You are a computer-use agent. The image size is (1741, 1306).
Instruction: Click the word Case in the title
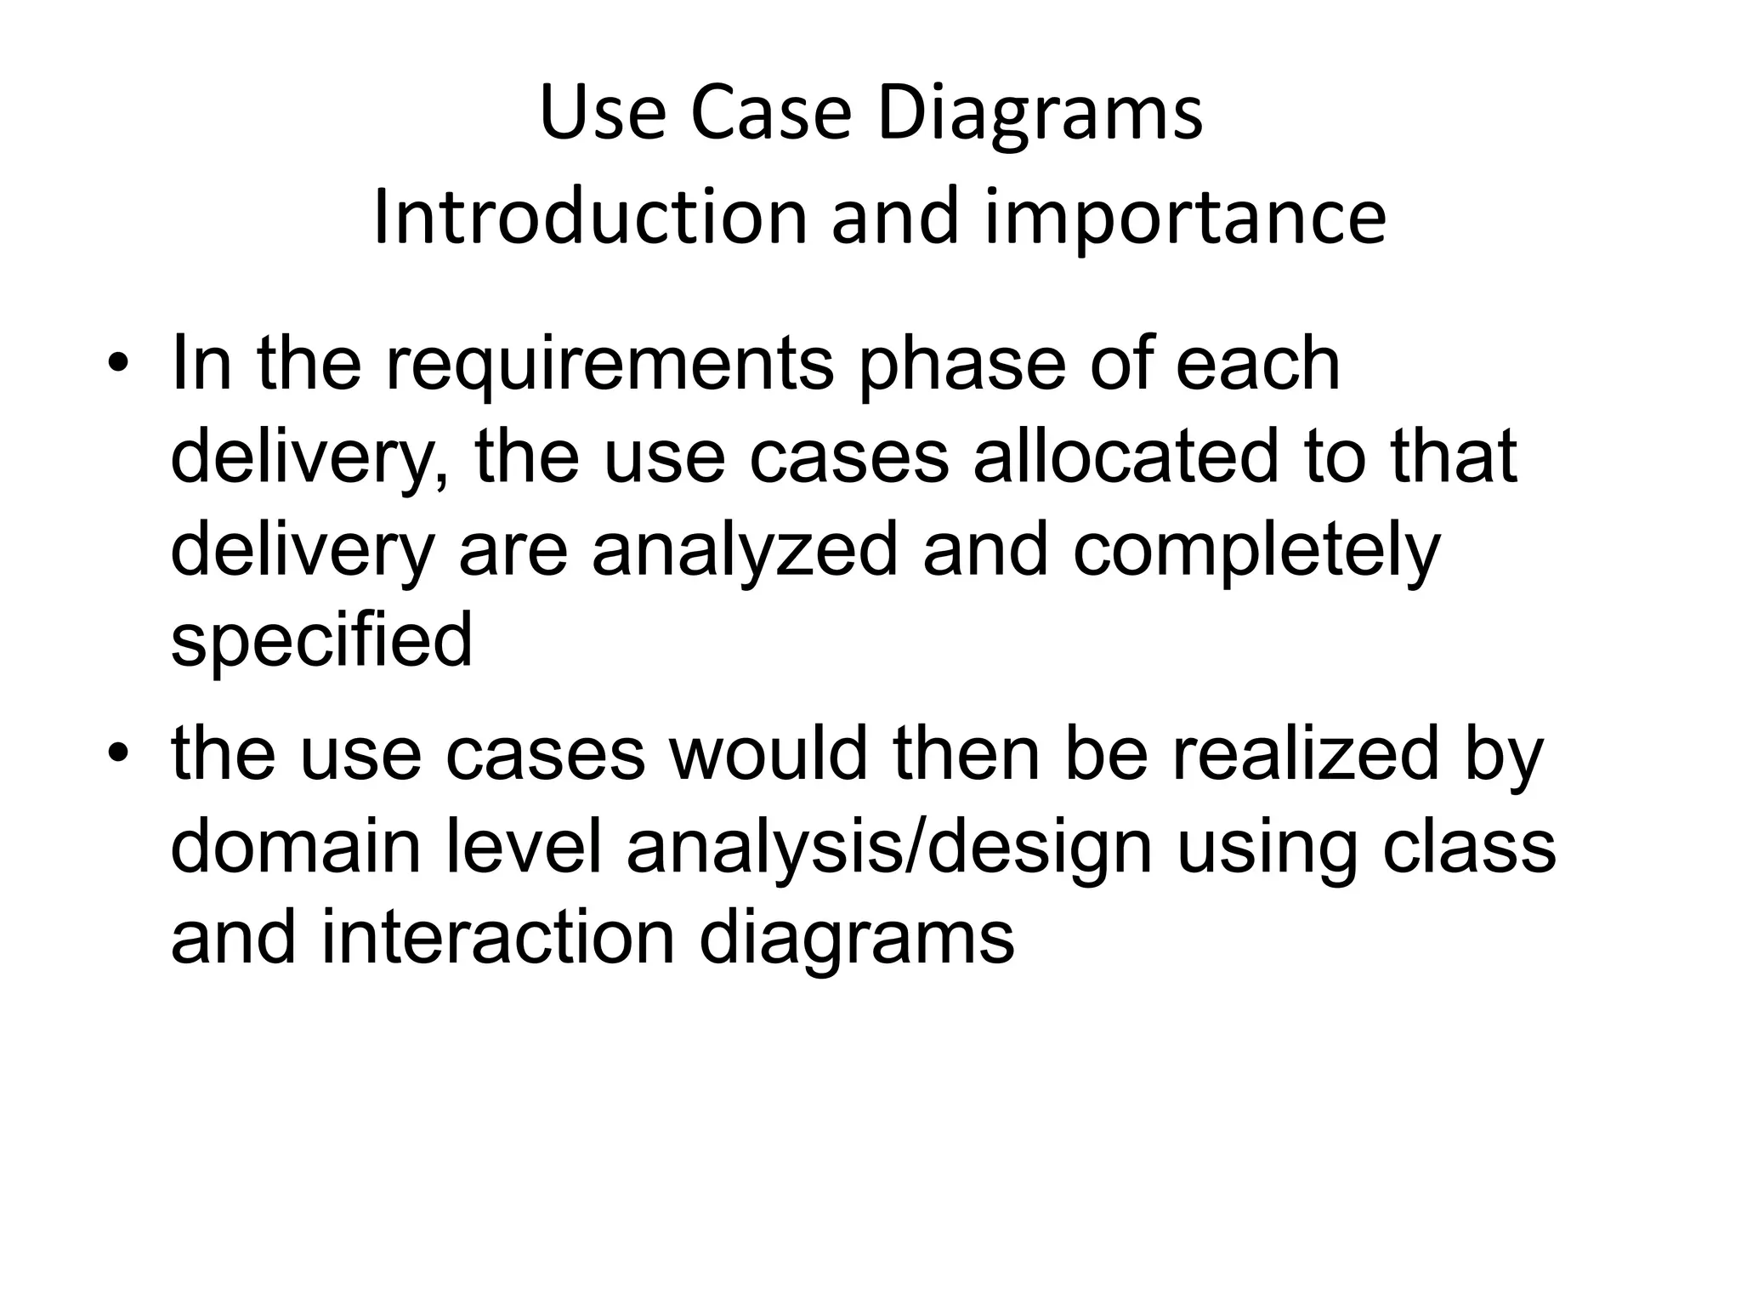click(x=770, y=115)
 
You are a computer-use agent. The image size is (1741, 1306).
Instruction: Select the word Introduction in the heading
click(x=589, y=218)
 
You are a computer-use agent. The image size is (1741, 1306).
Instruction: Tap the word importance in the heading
click(x=1185, y=218)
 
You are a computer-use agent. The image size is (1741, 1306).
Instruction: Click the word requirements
click(x=610, y=366)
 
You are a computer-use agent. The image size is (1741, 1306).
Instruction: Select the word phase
click(x=962, y=366)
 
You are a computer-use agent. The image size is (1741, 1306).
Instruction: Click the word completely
click(x=1256, y=550)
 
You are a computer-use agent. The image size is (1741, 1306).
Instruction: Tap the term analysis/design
click(x=889, y=847)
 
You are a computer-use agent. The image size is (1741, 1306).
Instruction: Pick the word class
click(x=1468, y=847)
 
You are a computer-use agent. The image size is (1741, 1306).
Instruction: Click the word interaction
click(x=497, y=939)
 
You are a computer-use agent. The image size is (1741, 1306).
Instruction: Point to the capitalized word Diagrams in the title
click(x=1040, y=115)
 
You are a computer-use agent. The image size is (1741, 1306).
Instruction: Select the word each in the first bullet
click(x=1257, y=366)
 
